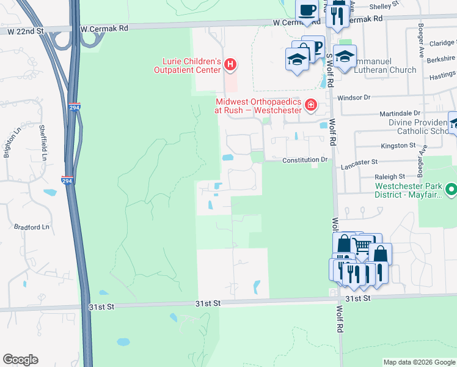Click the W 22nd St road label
click(x=24, y=30)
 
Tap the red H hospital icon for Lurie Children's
click(x=230, y=64)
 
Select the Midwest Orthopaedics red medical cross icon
click(x=311, y=105)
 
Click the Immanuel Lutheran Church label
click(x=375, y=70)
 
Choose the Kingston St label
click(x=398, y=146)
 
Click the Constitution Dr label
click(x=305, y=160)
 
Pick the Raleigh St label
click(x=390, y=176)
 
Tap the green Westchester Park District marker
click(x=451, y=190)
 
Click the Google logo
click(x=20, y=360)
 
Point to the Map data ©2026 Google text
click(x=419, y=362)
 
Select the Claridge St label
click(x=441, y=43)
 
